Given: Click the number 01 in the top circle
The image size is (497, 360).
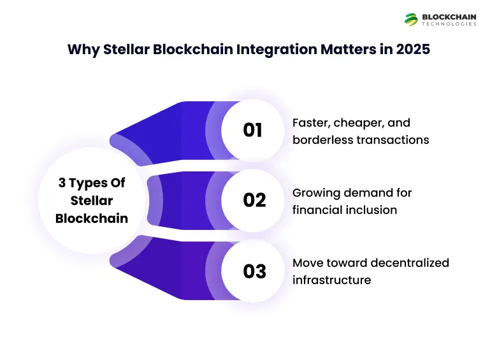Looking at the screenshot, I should click(x=253, y=130).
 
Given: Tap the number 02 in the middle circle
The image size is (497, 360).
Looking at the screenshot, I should click(x=254, y=200).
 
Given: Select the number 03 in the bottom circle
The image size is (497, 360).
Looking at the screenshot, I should click(x=254, y=271).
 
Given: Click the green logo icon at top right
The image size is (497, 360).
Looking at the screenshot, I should click(x=411, y=20).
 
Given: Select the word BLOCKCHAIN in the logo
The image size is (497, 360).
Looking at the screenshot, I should click(x=449, y=17).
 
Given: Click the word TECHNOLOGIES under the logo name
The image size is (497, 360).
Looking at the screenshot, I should click(x=449, y=24).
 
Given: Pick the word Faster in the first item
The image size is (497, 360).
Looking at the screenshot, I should click(x=310, y=122).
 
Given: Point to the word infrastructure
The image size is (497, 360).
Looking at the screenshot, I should click(x=331, y=280).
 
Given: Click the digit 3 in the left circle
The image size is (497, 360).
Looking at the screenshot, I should click(x=62, y=183).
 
